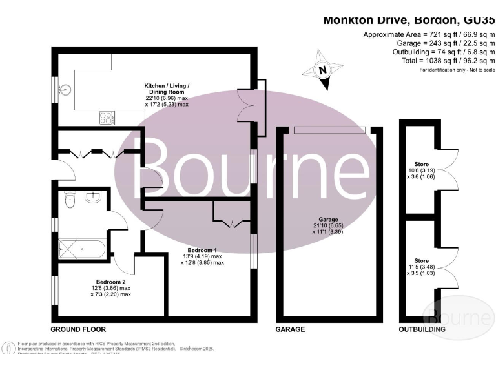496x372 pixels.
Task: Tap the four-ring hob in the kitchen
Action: pos(106,118)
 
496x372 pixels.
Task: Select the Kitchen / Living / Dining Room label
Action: pos(166,94)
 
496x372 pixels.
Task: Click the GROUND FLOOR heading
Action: pos(78,329)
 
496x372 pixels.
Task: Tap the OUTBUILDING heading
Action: pos(421,329)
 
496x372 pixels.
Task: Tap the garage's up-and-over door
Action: pos(329,130)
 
